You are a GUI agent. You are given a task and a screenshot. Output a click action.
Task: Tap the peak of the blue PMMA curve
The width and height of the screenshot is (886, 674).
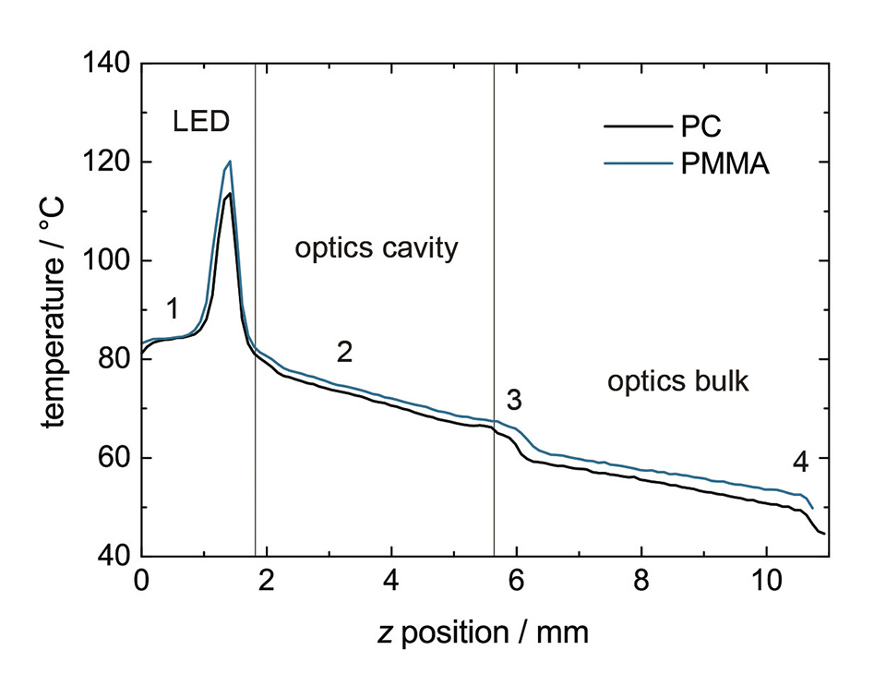[229, 162]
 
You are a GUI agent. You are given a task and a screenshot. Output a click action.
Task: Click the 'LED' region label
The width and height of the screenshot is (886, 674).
[200, 121]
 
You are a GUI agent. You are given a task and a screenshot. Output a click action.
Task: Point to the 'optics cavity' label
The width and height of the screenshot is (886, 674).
[376, 249]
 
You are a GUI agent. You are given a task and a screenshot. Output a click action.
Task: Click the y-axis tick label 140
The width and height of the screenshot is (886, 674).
[109, 65]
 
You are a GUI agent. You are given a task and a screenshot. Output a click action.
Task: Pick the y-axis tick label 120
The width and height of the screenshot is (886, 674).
[109, 162]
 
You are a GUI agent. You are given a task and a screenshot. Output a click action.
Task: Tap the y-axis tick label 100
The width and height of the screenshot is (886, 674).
[109, 261]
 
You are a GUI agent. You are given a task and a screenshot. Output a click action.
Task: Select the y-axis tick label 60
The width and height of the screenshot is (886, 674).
[115, 458]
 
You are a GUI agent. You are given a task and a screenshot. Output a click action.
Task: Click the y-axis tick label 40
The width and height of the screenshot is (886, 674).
[115, 557]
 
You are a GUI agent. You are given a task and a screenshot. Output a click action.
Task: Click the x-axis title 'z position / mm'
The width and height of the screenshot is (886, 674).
[482, 633]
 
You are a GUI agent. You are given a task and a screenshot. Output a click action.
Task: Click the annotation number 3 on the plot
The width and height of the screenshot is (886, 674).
[515, 400]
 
